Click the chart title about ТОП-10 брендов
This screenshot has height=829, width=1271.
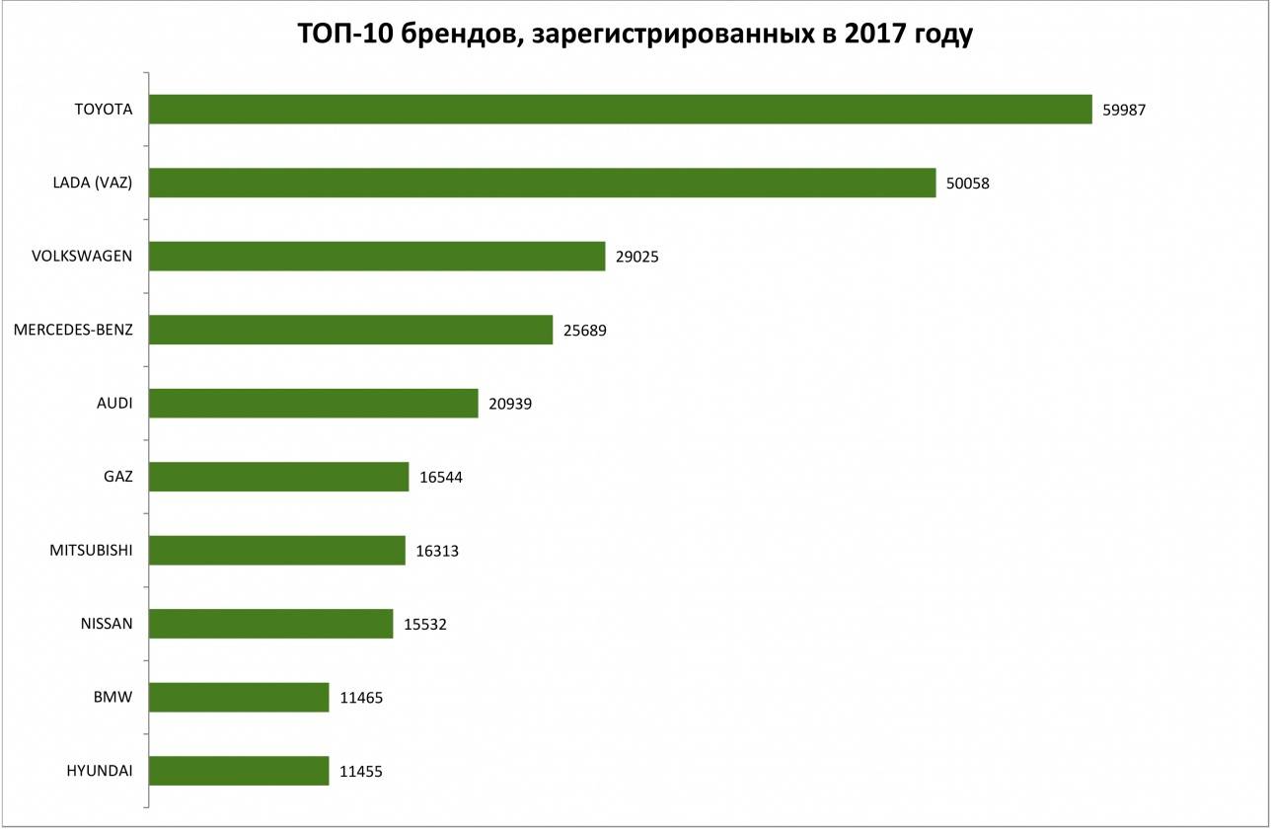pyautogui.click(x=635, y=36)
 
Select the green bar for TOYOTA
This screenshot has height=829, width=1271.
pyautogui.click(x=620, y=109)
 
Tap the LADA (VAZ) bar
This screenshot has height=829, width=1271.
pyautogui.click(x=542, y=183)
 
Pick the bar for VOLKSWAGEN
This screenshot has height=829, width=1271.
pyautogui.click(x=376, y=257)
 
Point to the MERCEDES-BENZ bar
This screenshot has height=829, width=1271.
pyautogui.click(x=350, y=330)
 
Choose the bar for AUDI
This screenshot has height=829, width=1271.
pyautogui.click(x=313, y=403)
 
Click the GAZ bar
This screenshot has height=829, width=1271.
pyautogui.click(x=278, y=477)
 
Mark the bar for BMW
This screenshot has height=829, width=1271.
pyautogui.click(x=238, y=698)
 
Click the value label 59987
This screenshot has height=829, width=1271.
pyautogui.click(x=1124, y=110)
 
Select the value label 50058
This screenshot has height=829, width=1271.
pyautogui.click(x=967, y=183)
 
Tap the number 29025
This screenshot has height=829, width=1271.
pyautogui.click(x=636, y=257)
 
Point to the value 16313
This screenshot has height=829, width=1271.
pyautogui.click(x=437, y=551)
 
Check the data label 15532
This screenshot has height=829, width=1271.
pyautogui.click(x=425, y=625)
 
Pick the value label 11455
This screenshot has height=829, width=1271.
pyautogui.click(x=360, y=772)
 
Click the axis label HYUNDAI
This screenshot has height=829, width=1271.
pyautogui.click(x=100, y=771)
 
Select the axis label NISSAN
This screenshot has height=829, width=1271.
pyautogui.click(x=107, y=624)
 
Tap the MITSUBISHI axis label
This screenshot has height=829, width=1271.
pyautogui.click(x=91, y=550)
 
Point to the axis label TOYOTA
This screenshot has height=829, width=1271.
pyautogui.click(x=104, y=109)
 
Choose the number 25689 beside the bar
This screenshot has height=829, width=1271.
pyautogui.click(x=584, y=331)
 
